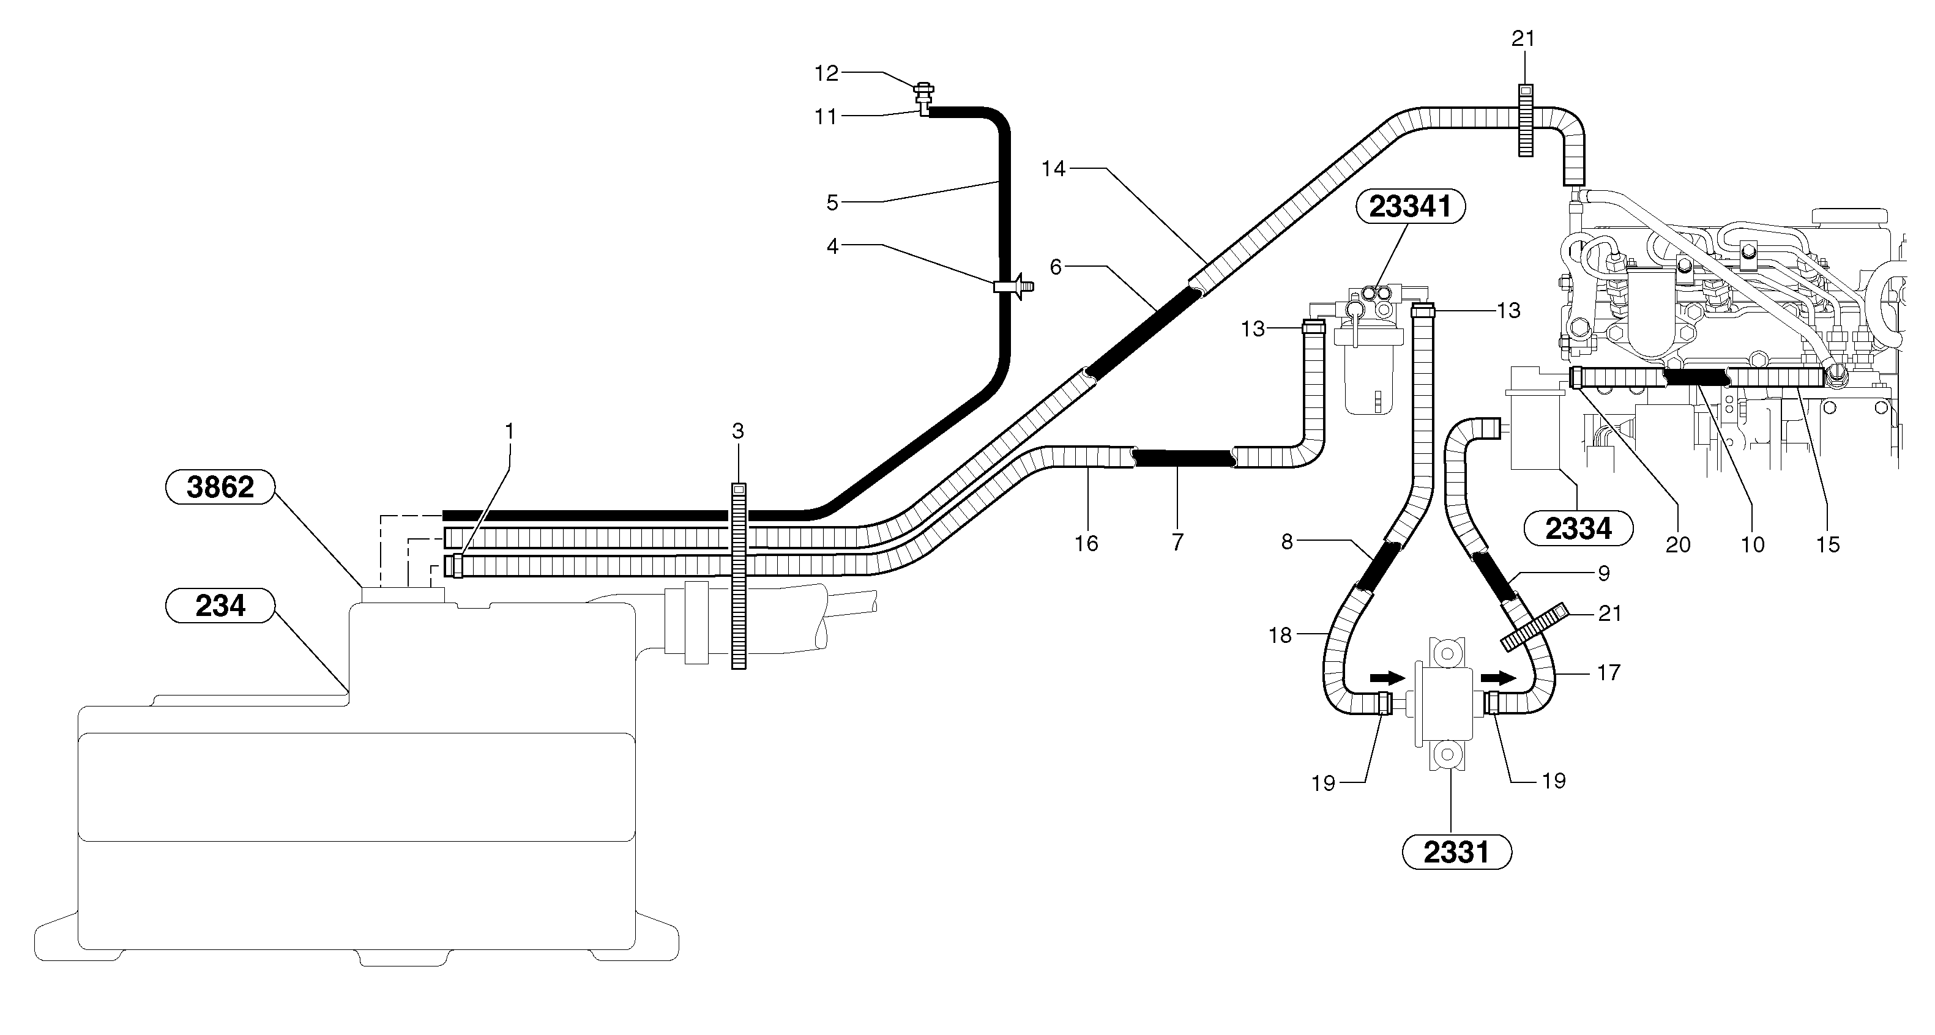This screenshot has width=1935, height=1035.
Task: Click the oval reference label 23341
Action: tap(1409, 207)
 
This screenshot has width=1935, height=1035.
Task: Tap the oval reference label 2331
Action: tap(1456, 853)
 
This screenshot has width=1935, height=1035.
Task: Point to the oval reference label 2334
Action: tap(1578, 529)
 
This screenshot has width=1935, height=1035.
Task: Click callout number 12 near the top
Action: tap(826, 73)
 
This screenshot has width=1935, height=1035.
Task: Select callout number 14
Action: tap(1053, 169)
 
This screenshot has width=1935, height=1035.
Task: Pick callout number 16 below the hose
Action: tap(1086, 543)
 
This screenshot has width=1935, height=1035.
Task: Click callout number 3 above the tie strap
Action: tap(737, 431)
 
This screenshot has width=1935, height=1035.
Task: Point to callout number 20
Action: tap(1677, 544)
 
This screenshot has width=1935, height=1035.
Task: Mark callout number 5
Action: tap(832, 202)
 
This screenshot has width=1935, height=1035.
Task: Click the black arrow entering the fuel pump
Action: tap(1387, 678)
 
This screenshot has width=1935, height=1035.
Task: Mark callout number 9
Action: tap(1603, 574)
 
